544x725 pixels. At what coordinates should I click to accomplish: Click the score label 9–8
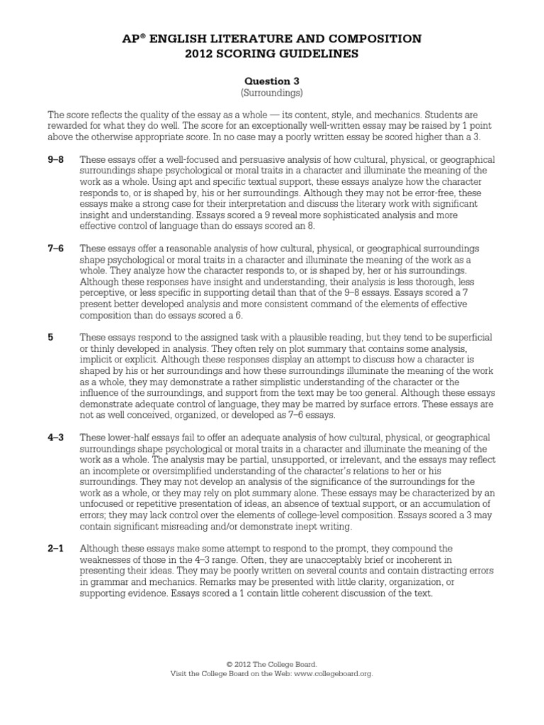click(x=55, y=159)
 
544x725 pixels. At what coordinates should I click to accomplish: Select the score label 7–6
click(x=55, y=249)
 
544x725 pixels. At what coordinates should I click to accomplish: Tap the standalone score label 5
click(x=50, y=338)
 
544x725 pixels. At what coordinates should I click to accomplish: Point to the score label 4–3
click(x=55, y=438)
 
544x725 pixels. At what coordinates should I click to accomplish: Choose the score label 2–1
click(x=55, y=549)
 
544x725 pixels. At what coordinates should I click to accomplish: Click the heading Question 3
click(x=271, y=81)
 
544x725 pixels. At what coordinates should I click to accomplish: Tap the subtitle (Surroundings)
click(x=271, y=93)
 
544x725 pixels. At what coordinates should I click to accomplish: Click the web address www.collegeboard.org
click(x=333, y=673)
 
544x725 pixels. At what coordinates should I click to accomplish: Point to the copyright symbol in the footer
click(x=229, y=664)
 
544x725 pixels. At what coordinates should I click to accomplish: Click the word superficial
click(x=466, y=338)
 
